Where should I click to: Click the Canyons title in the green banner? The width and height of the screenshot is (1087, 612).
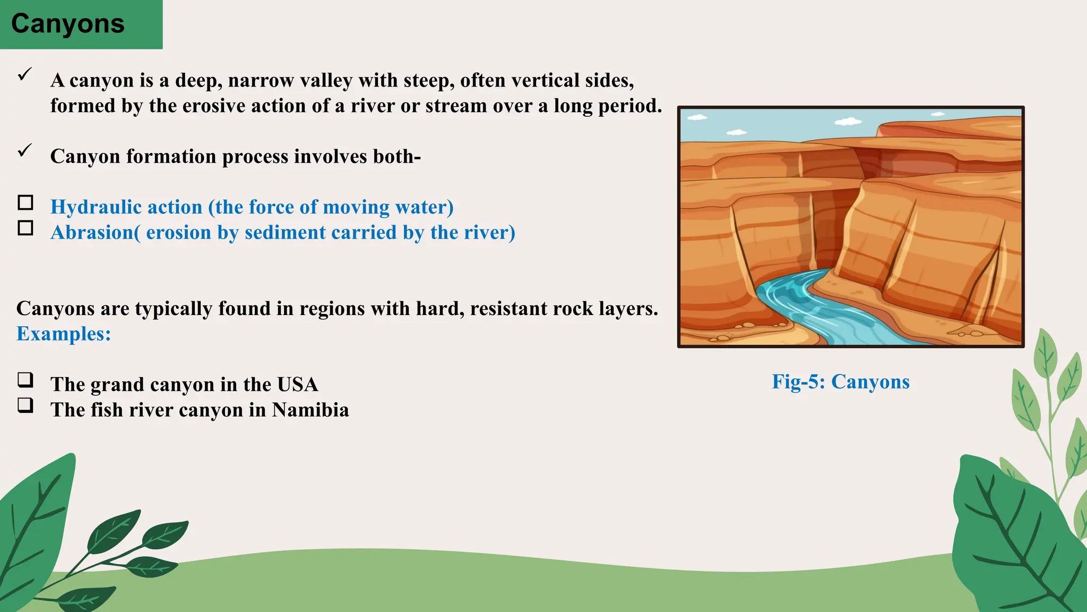point(67,24)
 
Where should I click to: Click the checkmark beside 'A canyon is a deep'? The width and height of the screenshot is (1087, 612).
point(25,74)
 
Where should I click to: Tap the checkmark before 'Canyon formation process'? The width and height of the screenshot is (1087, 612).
point(25,150)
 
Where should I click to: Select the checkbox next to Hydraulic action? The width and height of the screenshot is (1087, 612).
point(25,202)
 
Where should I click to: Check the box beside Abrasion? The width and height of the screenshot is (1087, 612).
point(25,228)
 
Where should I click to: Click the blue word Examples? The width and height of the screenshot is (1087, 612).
point(64,334)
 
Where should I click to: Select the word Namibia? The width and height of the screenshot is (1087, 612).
point(310,410)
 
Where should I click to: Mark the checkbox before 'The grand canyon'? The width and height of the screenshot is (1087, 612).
point(25,380)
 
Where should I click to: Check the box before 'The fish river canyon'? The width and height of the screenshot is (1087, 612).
point(25,405)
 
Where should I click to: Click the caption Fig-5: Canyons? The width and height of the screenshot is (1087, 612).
point(841,381)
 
